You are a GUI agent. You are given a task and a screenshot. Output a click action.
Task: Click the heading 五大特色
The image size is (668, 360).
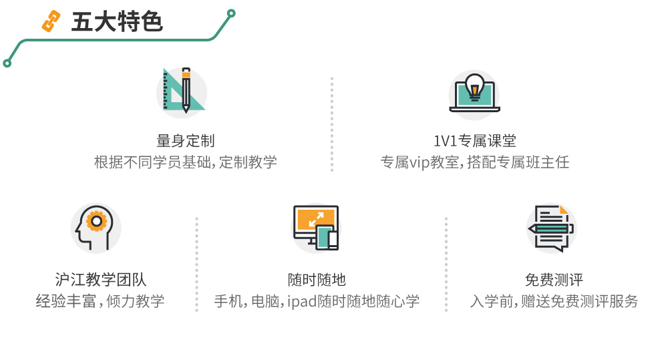pyautogui.click(x=117, y=22)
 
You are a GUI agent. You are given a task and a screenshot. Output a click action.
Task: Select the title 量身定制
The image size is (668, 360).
pyautogui.click(x=185, y=141)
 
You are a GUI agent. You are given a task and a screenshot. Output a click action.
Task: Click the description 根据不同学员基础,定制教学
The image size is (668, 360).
pyautogui.click(x=185, y=162)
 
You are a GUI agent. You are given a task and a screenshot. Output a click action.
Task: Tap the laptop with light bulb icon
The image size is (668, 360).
pyautogui.click(x=474, y=93)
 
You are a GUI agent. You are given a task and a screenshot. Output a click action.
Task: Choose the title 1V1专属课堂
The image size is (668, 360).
pyautogui.click(x=474, y=141)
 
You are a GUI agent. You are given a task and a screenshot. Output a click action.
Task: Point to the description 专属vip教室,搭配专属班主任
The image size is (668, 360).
pyautogui.click(x=474, y=162)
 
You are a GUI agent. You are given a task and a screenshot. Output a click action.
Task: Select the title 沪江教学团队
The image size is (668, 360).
pyautogui.click(x=100, y=279)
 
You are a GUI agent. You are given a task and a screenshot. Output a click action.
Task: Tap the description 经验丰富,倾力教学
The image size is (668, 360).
pyautogui.click(x=100, y=301)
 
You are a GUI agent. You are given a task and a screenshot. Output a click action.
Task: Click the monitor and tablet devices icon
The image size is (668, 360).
pyautogui.click(x=316, y=227)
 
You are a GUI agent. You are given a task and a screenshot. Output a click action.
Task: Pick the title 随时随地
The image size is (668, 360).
pyautogui.click(x=317, y=279)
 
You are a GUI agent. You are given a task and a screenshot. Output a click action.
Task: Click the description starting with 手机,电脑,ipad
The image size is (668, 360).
pyautogui.click(x=317, y=301)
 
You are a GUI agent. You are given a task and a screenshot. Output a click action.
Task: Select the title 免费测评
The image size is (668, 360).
pyautogui.click(x=554, y=279)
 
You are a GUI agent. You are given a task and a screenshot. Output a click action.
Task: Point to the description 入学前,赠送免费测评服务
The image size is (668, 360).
pyautogui.click(x=554, y=301)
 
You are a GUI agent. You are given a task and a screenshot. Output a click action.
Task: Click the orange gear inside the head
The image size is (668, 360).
pyautogui.click(x=98, y=220)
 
